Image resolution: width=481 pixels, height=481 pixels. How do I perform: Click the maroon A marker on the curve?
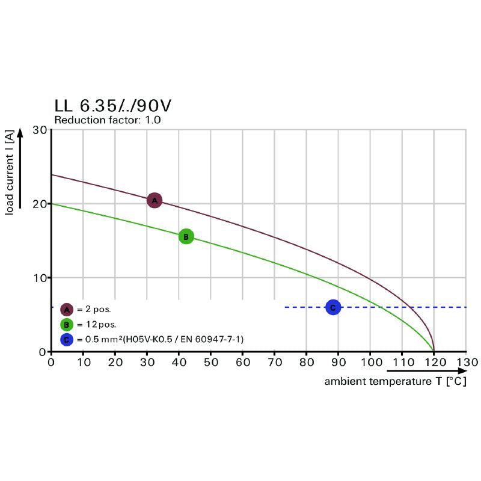tap(155, 200)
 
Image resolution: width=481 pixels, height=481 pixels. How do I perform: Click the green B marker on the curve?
tap(186, 237)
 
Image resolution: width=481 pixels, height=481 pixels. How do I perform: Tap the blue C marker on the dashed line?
tap(332, 307)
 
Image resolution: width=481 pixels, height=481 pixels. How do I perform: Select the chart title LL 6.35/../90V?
tap(113, 105)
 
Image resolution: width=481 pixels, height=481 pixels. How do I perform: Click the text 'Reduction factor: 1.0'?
tap(108, 120)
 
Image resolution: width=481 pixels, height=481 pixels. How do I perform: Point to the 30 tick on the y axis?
tap(40, 130)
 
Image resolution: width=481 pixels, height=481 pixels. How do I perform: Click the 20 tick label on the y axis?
tap(40, 204)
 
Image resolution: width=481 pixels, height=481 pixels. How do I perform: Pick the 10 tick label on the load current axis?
tap(40, 278)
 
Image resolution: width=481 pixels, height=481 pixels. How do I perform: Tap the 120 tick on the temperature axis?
tap(434, 363)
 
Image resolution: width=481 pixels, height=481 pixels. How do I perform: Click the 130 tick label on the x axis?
tap(465, 363)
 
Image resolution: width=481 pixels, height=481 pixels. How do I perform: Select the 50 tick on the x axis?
tap(210, 363)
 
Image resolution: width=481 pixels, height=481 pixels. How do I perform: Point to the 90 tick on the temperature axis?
tap(338, 363)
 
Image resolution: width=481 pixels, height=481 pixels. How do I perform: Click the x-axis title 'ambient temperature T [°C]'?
tap(395, 382)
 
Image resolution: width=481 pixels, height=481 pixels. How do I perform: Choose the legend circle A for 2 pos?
tap(67, 310)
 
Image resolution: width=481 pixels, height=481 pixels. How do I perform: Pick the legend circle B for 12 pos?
tap(67, 325)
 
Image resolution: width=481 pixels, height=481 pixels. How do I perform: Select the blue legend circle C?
tap(67, 340)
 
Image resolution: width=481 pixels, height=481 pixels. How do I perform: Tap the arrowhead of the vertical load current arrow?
tap(22, 132)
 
